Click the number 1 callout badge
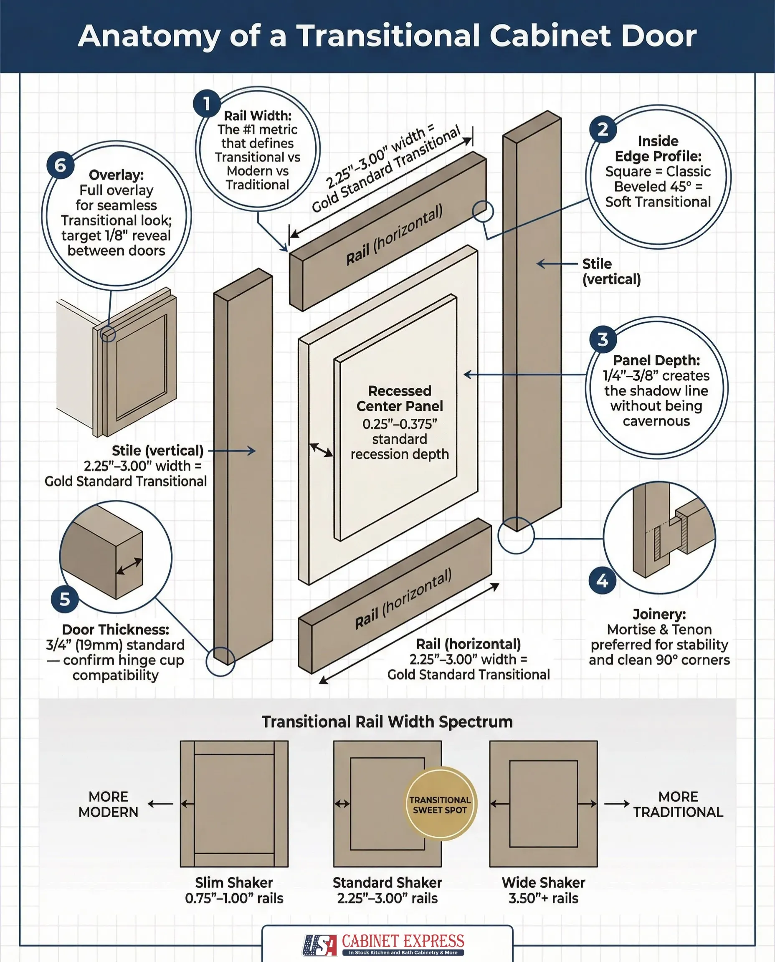click(206, 104)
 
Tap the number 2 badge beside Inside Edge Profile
click(603, 129)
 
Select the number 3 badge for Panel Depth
click(603, 339)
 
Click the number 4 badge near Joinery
click(602, 581)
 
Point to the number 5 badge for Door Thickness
click(65, 600)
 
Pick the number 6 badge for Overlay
click(60, 166)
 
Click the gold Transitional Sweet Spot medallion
click(440, 804)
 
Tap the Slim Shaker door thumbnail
click(234, 803)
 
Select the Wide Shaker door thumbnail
click(543, 803)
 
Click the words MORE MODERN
click(109, 804)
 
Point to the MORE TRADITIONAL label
click(678, 804)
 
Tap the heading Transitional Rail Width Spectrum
click(387, 722)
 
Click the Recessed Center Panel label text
click(400, 399)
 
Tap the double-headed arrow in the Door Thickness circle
click(129, 566)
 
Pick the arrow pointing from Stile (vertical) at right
click(556, 264)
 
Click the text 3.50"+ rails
click(543, 898)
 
